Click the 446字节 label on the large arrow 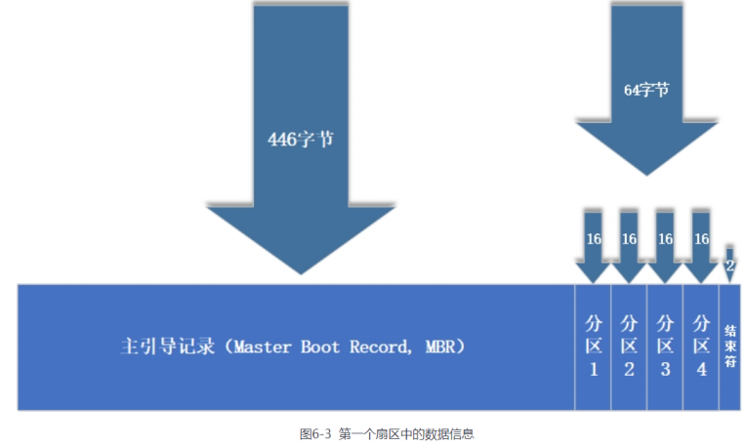[x=301, y=139]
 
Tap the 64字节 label [x=646, y=89]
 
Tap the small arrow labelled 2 [x=729, y=264]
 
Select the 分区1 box [x=593, y=346]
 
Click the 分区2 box [x=629, y=346]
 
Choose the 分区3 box [x=665, y=346]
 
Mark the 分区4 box [x=700, y=346]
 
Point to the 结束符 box [x=729, y=346]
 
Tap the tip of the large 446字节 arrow [x=301, y=272]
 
